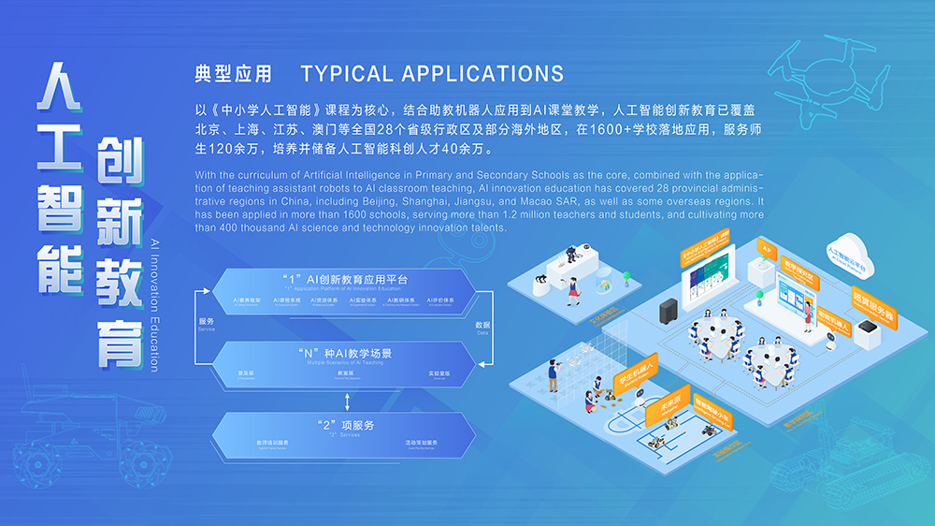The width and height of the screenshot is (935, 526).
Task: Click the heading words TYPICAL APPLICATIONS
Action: point(432,73)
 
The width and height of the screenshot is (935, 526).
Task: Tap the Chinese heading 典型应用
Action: point(233,73)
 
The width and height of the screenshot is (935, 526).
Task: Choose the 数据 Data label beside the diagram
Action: point(482,327)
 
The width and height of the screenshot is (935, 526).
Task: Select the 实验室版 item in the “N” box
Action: point(439,373)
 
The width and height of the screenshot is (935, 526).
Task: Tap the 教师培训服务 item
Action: point(272,444)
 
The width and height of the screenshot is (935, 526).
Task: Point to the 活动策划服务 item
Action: point(421,444)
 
